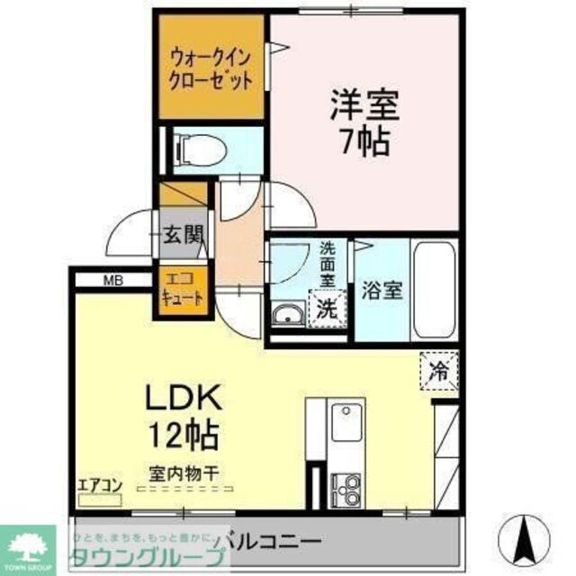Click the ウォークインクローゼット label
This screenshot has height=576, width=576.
pyautogui.click(x=211, y=67)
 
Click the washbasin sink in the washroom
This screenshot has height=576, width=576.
pyautogui.click(x=288, y=314)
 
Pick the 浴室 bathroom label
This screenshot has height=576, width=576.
pyautogui.click(x=382, y=291)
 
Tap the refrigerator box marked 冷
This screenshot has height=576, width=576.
pyautogui.click(x=438, y=369)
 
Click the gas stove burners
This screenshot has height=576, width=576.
pyautogui.click(x=345, y=489)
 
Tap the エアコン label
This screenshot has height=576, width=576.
pyautogui.click(x=100, y=486)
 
